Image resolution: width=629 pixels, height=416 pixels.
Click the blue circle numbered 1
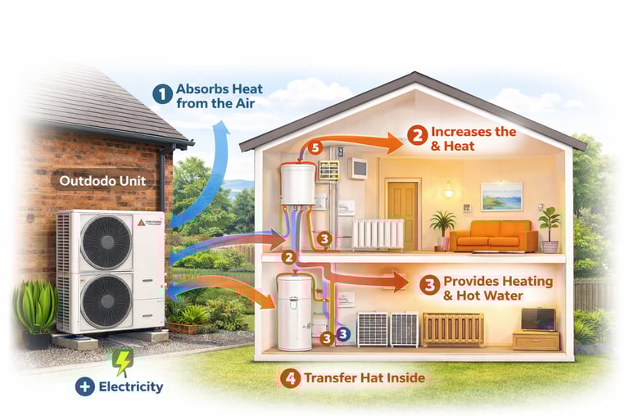pyautogui.click(x=162, y=94)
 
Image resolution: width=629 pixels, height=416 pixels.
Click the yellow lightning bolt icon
pyautogui.click(x=122, y=361)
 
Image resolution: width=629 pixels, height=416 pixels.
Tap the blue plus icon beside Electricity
pyautogui.click(x=84, y=387)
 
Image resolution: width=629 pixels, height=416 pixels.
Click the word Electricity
pyautogui.click(x=131, y=387)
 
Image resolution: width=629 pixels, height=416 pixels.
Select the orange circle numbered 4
pyautogui.click(x=289, y=378)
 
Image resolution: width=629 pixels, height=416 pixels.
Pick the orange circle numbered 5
pyautogui.click(x=314, y=148)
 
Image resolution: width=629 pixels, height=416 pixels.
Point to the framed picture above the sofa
pyautogui.click(x=501, y=197)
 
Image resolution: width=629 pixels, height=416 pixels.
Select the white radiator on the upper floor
pyautogui.click(x=378, y=233)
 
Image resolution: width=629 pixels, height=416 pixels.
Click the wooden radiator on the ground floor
pyautogui.click(x=452, y=329)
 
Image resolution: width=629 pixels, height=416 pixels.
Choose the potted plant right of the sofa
pyautogui.click(x=550, y=228)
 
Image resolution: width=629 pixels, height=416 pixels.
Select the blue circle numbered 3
pyautogui.click(x=343, y=333)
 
